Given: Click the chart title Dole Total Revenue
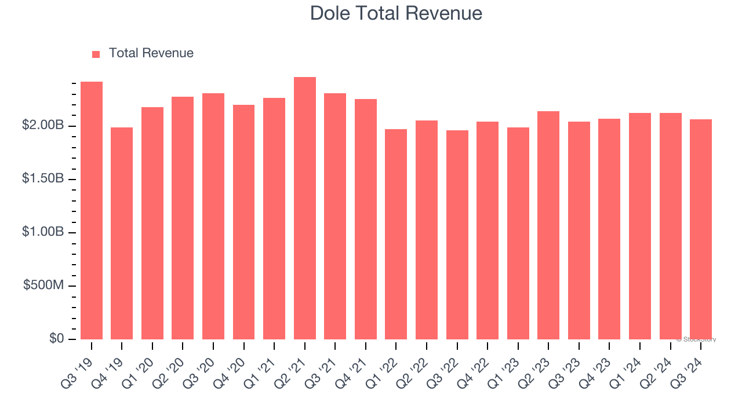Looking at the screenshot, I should pos(396,13).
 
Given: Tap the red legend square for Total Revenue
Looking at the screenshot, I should pos(96,54).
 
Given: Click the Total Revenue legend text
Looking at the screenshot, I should pos(151,53).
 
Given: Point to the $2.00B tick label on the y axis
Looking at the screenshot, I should pos(43,126).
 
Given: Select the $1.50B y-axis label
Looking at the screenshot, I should pos(43,179).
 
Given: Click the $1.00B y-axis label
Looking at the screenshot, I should pos(43,232).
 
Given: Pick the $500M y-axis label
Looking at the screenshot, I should pos(43,286).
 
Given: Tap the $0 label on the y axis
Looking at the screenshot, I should pos(56,339).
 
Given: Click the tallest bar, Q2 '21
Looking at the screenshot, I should pos(305,208).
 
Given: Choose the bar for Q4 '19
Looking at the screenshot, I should pos(122,233).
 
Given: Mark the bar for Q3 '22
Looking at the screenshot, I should pos(457,235).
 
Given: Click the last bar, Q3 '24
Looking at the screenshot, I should pos(701,229).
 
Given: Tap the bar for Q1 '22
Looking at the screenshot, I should pos(396,234).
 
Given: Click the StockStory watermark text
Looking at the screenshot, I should pos(696,339).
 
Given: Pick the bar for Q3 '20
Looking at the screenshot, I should pos(213,216).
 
